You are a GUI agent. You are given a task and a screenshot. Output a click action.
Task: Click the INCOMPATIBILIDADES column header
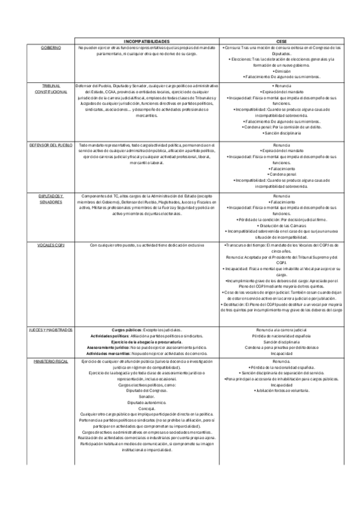(146, 40)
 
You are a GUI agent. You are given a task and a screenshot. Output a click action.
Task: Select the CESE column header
(281, 40)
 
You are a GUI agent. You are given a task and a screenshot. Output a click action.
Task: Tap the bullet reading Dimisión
(281, 71)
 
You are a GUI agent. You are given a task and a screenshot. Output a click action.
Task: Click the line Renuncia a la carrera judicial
(281, 330)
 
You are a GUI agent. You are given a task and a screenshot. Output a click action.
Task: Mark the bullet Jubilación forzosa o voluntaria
(281, 390)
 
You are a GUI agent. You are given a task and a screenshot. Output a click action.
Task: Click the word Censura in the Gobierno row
(231, 46)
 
